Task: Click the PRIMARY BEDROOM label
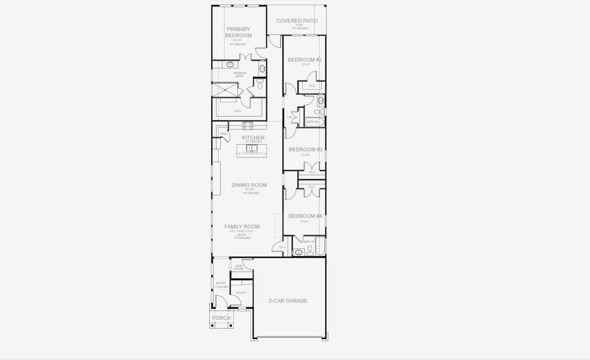(238, 32)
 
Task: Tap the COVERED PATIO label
(297, 21)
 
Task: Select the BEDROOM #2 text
(305, 60)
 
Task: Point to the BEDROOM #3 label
(305, 149)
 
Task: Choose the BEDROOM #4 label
(305, 216)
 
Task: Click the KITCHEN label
(253, 138)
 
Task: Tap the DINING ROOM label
(249, 185)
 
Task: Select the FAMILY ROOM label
(242, 227)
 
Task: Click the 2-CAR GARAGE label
(288, 301)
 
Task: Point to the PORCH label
(221, 318)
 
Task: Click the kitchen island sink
(252, 148)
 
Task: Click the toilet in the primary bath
(260, 86)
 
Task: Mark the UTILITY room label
(241, 293)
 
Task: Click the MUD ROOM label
(239, 267)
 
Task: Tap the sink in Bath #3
(299, 253)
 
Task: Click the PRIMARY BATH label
(240, 75)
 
